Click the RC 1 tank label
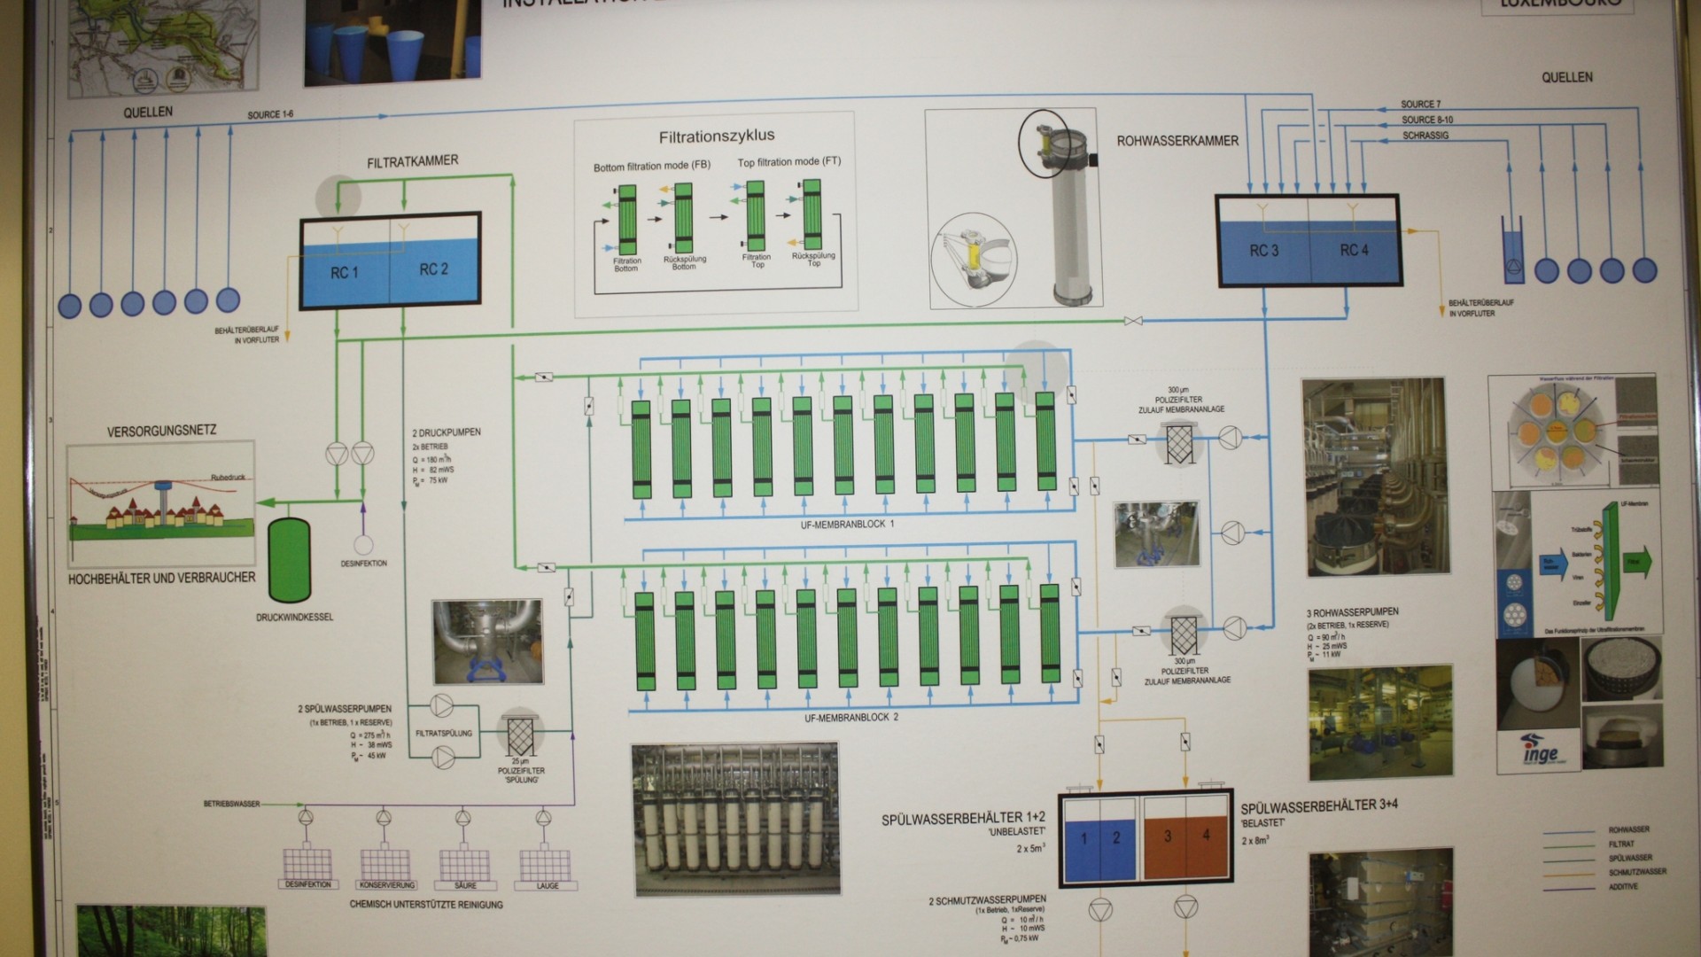[344, 273]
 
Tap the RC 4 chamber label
[1354, 251]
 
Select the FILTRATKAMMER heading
[412, 161]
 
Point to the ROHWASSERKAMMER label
[1177, 141]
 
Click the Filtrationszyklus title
[716, 136]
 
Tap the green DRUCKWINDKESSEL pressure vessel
[290, 561]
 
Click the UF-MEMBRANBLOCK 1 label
[847, 525]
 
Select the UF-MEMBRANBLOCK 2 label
[850, 717]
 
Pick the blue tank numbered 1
[1083, 837]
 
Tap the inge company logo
[1539, 751]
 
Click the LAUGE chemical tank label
[548, 886]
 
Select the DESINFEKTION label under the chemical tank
[308, 885]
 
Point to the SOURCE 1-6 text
[270, 115]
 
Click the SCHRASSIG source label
[1425, 136]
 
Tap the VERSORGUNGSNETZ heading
[161, 432]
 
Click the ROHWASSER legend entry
[1628, 830]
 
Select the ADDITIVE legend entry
[1623, 886]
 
